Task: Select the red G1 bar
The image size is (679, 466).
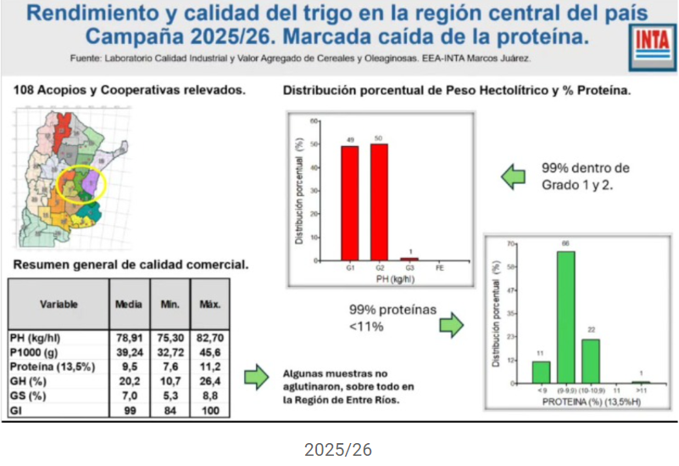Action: (349, 203)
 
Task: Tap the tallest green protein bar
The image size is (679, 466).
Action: (565, 317)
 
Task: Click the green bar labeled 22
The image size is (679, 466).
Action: (590, 361)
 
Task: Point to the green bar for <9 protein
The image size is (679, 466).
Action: (541, 372)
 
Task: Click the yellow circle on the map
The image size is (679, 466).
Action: (81, 183)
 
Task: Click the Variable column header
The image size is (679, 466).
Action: (59, 304)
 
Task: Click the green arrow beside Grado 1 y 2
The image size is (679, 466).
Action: (514, 177)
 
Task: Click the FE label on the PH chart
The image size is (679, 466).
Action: (438, 267)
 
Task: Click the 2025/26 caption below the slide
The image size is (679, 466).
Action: (338, 450)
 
